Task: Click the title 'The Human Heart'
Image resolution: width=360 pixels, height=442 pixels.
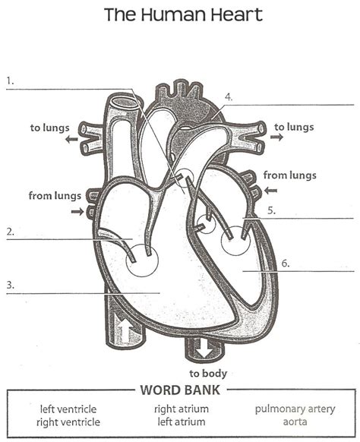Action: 183,14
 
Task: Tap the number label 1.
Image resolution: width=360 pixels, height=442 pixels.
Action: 10,81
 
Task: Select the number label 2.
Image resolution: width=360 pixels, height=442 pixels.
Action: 10,232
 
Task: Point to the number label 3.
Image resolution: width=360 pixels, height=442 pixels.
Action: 10,285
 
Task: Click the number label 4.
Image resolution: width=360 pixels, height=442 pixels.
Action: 229,97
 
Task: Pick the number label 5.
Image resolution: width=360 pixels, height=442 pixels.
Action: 271,210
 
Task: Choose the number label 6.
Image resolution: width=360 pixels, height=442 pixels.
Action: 286,264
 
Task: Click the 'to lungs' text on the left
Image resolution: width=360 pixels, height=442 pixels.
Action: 49,128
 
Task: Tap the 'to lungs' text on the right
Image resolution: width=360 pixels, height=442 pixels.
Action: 294,127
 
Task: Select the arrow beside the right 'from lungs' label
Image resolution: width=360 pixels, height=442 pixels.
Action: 271,191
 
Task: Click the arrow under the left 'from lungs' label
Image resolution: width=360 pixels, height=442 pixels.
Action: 77,211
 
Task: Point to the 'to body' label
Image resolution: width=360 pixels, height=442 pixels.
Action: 208,374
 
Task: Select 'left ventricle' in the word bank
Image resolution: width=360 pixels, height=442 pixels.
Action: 68,409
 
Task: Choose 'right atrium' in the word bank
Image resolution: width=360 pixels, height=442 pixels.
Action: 182,409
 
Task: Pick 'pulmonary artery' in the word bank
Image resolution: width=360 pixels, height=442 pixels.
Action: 295,409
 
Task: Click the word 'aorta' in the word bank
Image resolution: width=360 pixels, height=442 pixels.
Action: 295,421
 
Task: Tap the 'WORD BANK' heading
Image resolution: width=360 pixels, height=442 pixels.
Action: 180,390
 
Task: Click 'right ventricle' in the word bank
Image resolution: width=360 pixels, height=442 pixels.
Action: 68,422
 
